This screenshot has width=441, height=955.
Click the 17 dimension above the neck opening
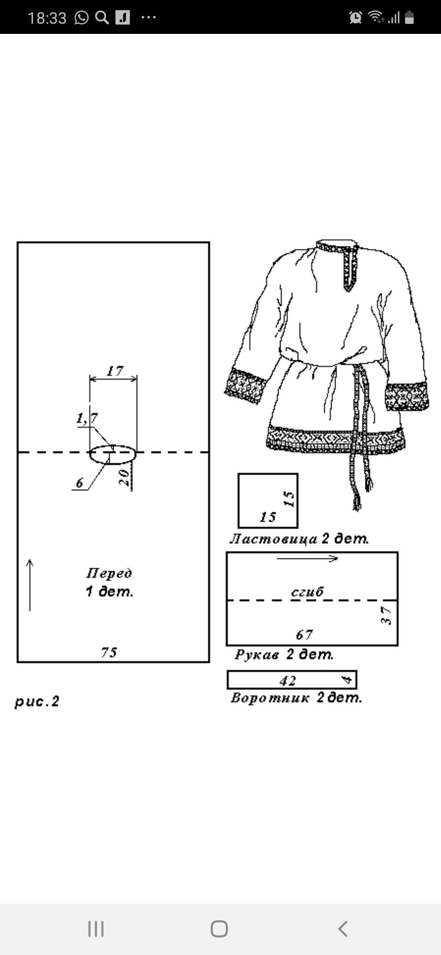point(115,371)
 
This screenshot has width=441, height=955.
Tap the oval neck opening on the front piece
point(113,454)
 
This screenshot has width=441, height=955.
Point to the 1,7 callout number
point(87,418)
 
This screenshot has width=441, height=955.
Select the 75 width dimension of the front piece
point(109,652)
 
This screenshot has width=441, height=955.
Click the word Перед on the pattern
point(109,573)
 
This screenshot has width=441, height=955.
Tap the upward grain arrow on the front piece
point(30,585)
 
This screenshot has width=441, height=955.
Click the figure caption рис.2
point(37,702)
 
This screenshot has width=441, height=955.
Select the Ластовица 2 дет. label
point(299,539)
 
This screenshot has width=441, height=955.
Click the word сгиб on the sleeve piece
point(307,591)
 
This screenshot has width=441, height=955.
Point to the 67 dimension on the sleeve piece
point(304,635)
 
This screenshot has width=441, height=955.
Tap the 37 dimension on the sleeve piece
point(386,616)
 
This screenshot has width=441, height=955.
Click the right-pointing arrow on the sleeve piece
point(307,558)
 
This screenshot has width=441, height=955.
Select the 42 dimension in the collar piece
point(288,680)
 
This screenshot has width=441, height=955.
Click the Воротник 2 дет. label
point(296,697)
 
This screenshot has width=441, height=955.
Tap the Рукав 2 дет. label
point(284,654)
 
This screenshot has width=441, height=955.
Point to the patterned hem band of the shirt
point(335,440)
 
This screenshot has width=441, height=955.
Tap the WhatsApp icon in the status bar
point(82,18)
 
